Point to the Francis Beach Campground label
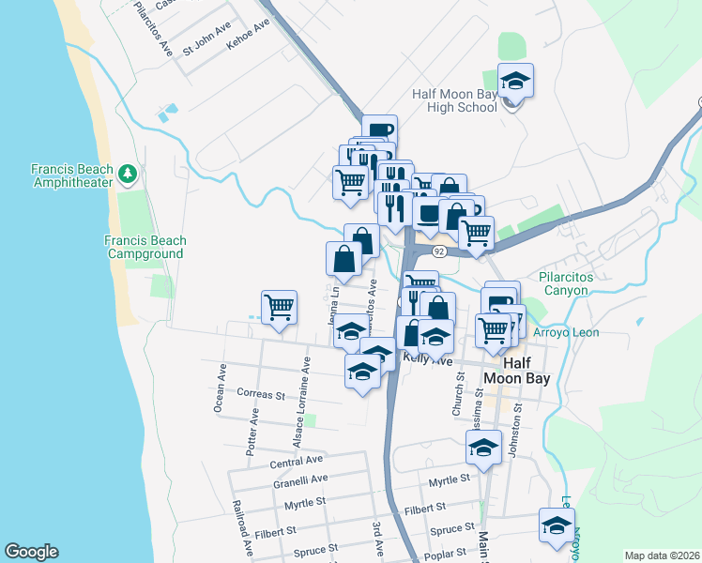145,247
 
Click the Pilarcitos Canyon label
576,283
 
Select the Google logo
31,552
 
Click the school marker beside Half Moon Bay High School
514,82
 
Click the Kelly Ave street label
427,359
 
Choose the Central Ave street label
296,461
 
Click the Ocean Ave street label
219,388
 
